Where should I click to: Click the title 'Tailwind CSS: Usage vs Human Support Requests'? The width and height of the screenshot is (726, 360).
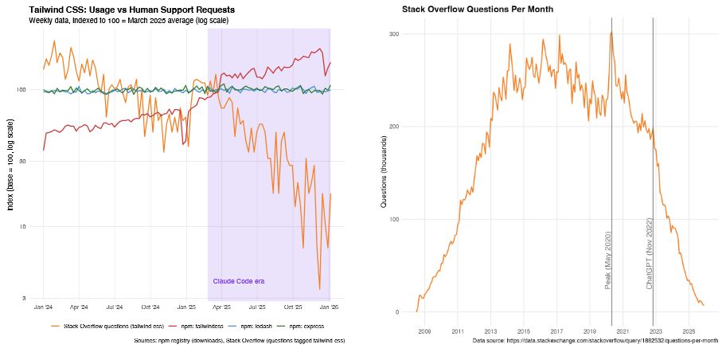[131, 10]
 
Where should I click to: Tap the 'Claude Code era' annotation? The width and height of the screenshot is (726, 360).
[239, 281]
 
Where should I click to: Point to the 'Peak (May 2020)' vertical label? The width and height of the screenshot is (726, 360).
[607, 260]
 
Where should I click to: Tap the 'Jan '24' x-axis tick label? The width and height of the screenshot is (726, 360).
[43, 307]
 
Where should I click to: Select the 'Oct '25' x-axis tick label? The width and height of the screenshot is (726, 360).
[294, 307]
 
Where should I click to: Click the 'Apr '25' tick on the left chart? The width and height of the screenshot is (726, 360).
[222, 307]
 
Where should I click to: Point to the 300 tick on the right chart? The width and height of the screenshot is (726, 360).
[393, 34]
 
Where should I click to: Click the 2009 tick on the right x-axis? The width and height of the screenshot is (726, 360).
[424, 330]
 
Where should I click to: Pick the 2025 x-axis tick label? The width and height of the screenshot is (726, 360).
[689, 330]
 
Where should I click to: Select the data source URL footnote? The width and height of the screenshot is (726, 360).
[595, 340]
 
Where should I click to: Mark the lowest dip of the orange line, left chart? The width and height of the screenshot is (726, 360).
[319, 289]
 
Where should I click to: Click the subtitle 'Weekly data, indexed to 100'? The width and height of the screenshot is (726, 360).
[128, 20]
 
